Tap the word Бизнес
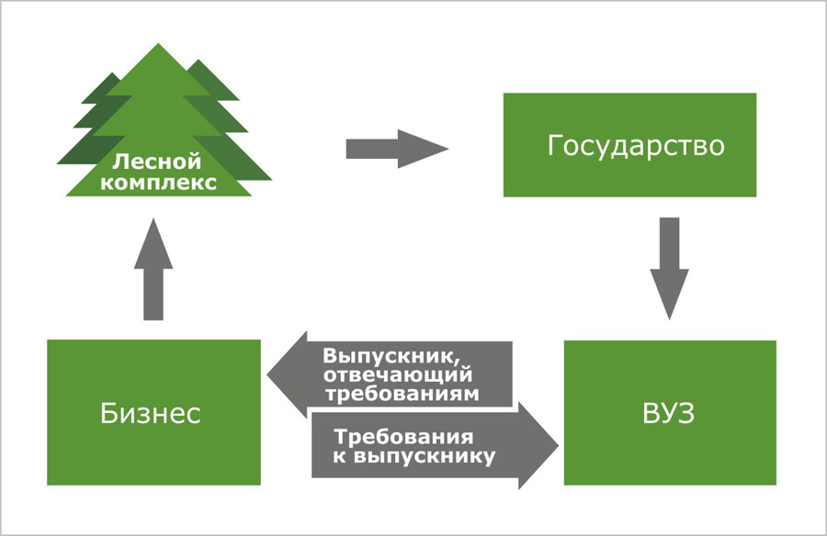coord(151,413)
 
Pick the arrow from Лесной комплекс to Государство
coord(396,147)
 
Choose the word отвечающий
coord(398,374)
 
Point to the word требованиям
coord(402,393)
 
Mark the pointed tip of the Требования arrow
coord(557,445)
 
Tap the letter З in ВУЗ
coord(685,413)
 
